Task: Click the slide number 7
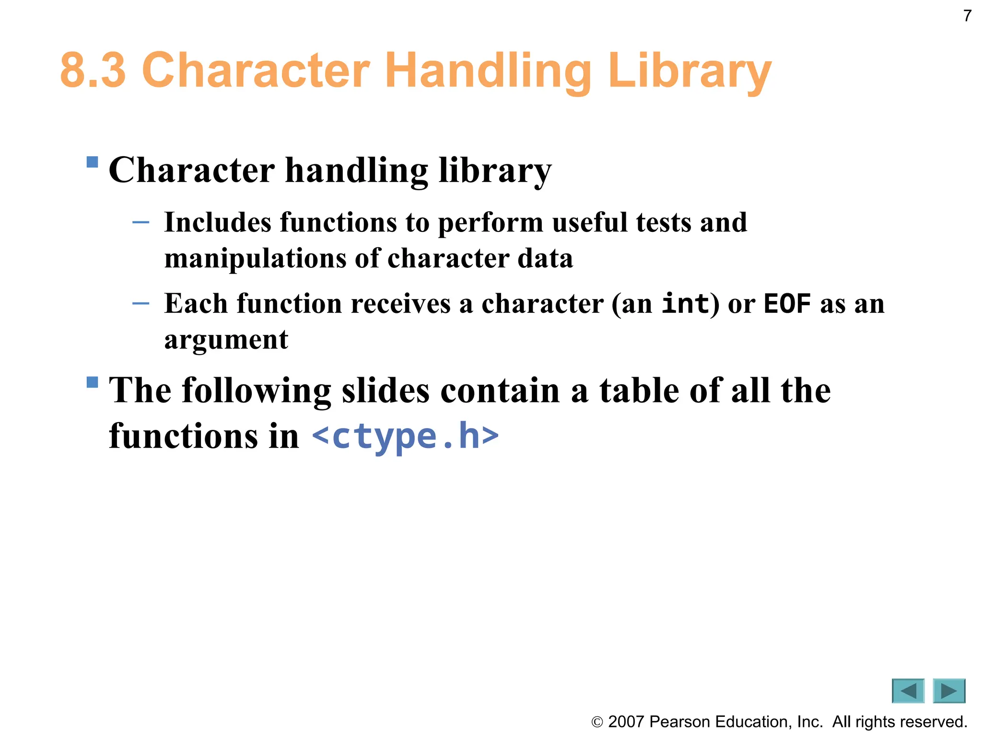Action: pos(967,16)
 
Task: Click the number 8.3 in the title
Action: pos(93,70)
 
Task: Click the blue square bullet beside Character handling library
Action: pos(92,162)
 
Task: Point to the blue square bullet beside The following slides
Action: pos(92,382)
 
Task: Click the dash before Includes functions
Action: pos(140,222)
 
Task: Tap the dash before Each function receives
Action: pos(140,303)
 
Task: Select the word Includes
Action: pos(218,222)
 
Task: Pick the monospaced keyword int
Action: pos(685,303)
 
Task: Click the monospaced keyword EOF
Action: pos(787,303)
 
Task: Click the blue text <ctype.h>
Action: pos(405,436)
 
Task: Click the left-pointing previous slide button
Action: pos(908,691)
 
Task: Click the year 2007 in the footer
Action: pos(625,722)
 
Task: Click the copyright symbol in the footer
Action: pos(597,722)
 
